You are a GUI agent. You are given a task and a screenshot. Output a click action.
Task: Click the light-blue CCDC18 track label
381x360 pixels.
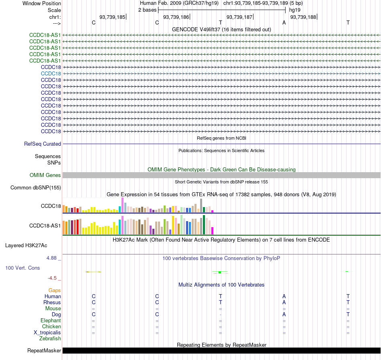coord(51,74)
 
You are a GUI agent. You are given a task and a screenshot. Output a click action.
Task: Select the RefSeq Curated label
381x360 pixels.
coord(43,144)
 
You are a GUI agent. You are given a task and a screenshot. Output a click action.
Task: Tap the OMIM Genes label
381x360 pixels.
coord(45,175)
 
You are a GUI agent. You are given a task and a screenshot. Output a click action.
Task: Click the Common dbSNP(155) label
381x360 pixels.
coord(36,188)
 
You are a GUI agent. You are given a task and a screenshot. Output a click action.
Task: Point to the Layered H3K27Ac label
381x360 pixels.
coord(26,246)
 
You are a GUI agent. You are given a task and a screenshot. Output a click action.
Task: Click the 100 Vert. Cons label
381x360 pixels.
coord(22,268)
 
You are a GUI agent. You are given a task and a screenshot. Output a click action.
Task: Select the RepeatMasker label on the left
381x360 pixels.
coord(44,350)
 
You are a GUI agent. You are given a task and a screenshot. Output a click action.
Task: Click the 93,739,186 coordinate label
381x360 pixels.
coord(176,17)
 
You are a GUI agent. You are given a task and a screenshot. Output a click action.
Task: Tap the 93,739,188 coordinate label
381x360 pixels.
coord(303,17)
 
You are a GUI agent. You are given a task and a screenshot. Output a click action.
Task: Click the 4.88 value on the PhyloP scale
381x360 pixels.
coord(51,258)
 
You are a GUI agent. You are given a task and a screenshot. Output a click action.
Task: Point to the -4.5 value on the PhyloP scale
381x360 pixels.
coord(52,278)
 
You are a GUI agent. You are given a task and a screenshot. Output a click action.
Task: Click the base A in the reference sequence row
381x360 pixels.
coord(284,23)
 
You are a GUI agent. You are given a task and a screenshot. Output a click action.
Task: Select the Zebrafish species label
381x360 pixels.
coord(50,339)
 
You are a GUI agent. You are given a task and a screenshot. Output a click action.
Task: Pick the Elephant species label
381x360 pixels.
coord(51,321)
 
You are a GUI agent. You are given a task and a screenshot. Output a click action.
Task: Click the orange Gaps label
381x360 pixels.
coord(55,291)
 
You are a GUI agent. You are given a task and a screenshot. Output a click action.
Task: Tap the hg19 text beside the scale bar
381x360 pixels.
coord(295,10)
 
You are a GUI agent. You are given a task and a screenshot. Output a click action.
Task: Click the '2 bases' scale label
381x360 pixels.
coord(148,10)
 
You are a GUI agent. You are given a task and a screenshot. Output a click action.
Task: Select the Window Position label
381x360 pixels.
coord(42,3)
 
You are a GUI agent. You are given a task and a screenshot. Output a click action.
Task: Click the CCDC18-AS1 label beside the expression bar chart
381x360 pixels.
coord(45,226)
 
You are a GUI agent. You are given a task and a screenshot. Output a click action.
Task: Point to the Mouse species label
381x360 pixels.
coord(53,309)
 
